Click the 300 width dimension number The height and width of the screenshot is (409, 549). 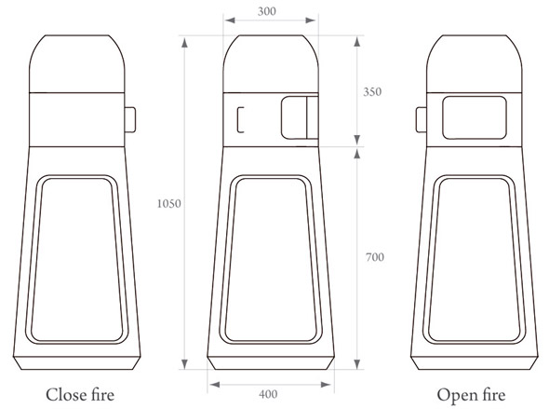pos(267,11)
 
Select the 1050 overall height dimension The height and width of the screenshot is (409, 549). pos(168,204)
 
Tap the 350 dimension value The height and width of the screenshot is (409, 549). pos(372,92)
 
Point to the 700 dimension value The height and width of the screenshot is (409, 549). pos(375,257)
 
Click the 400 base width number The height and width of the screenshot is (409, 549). pos(268,394)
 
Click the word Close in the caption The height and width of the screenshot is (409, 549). pos(66,395)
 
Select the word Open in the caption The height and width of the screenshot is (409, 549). pos(456,396)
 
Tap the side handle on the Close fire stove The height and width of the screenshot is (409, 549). pos(130,120)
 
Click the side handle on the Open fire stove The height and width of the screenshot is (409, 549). pos(422,120)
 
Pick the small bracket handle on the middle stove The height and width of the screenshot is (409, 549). pos(238,120)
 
